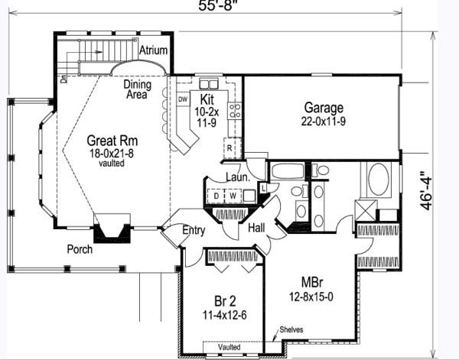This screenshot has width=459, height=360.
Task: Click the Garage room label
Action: [x=322, y=108]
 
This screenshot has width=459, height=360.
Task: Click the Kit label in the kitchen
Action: [x=206, y=100]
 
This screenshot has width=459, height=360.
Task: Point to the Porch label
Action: [x=80, y=250]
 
